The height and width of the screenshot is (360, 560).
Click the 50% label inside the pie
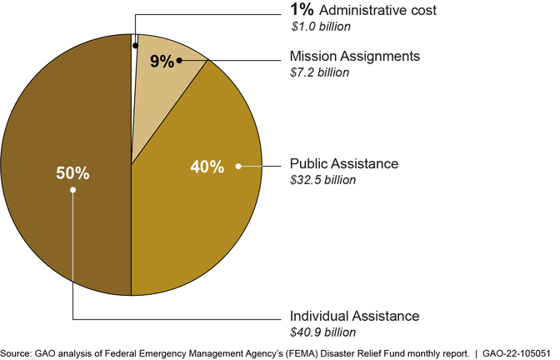[73, 173]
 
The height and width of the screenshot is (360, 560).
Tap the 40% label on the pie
[207, 167]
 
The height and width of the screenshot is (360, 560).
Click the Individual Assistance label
[354, 317]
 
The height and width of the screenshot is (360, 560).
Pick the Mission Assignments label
[354, 57]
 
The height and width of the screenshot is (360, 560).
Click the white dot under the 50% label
[73, 190]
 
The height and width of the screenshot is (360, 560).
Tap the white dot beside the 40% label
[238, 167]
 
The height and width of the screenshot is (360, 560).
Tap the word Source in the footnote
[17, 352]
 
